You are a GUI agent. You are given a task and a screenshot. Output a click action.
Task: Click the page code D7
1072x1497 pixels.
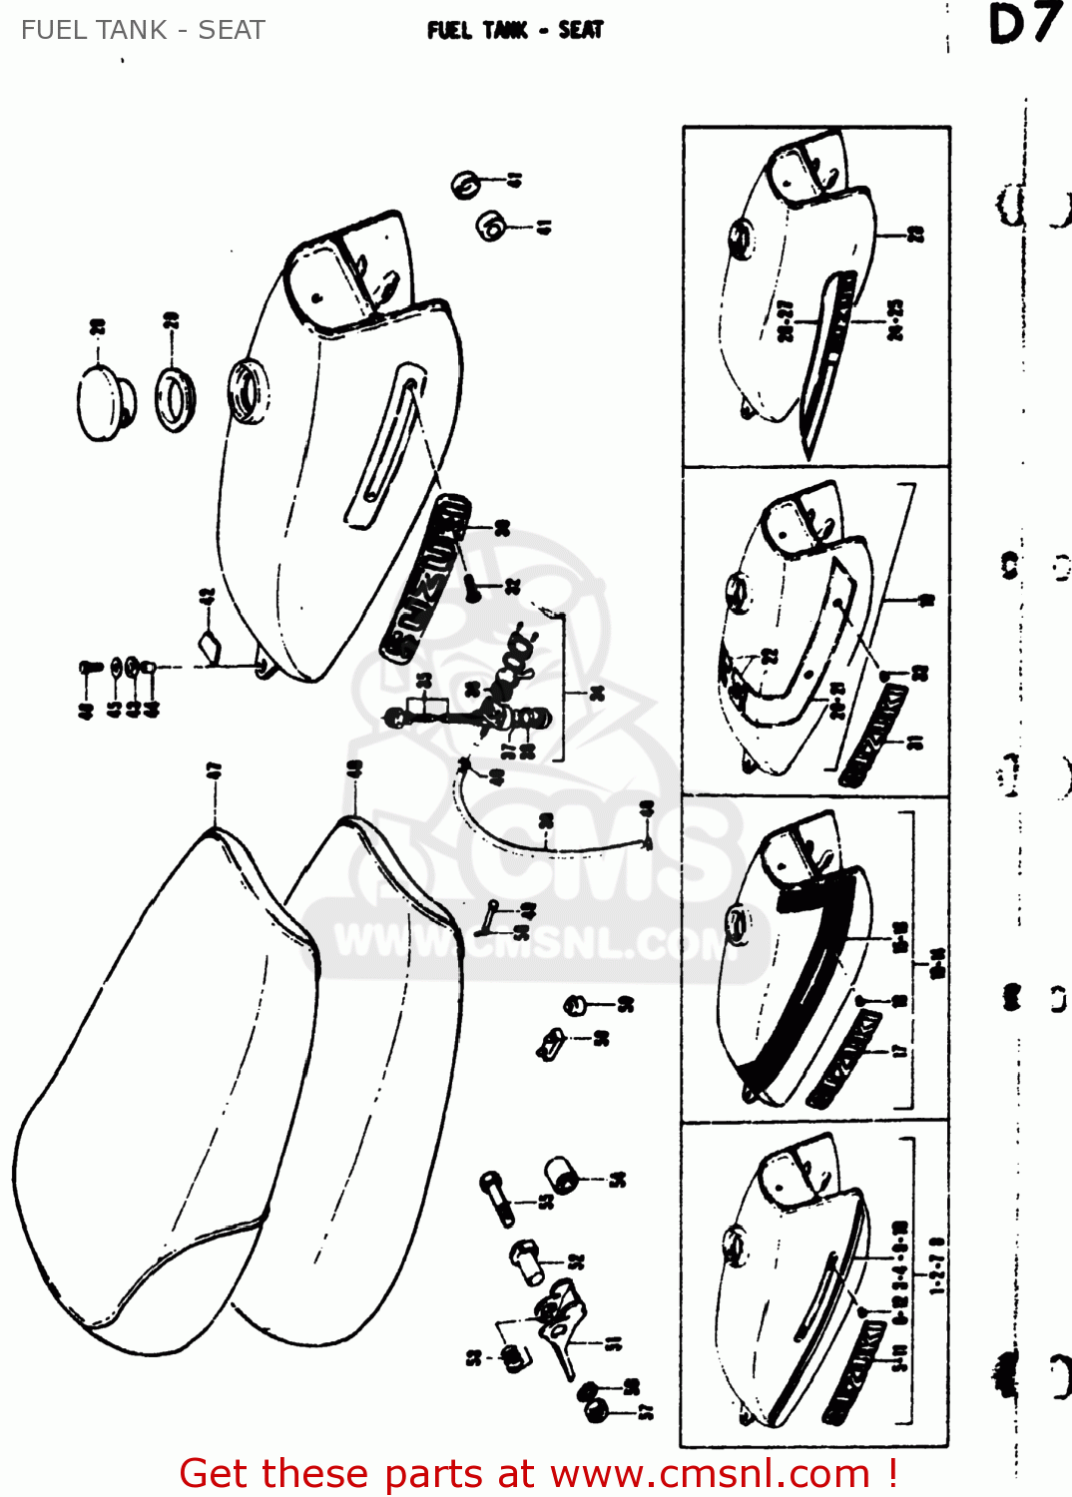click(x=1023, y=25)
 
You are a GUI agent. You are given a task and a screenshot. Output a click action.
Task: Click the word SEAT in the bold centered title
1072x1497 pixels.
click(x=581, y=30)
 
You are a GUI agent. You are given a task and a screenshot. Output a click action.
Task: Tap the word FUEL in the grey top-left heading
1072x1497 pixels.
click(x=54, y=30)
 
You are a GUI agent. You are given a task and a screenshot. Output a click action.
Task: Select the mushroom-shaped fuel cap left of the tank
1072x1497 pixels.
click(x=105, y=401)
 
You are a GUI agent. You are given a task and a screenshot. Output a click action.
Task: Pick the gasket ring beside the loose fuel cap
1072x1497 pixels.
click(x=175, y=399)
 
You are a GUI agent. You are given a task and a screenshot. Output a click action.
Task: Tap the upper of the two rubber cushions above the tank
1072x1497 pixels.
click(x=466, y=186)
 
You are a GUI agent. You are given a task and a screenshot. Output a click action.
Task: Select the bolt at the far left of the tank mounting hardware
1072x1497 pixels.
click(x=89, y=667)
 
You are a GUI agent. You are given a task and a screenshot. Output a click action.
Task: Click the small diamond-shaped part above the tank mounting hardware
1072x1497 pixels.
click(x=209, y=646)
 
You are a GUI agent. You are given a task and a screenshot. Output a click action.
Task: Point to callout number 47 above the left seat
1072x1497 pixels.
click(x=213, y=770)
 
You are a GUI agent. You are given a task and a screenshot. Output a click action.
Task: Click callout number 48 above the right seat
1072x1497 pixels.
click(x=354, y=770)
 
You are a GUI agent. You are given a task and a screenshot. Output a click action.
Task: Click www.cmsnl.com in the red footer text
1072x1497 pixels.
click(x=710, y=1473)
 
